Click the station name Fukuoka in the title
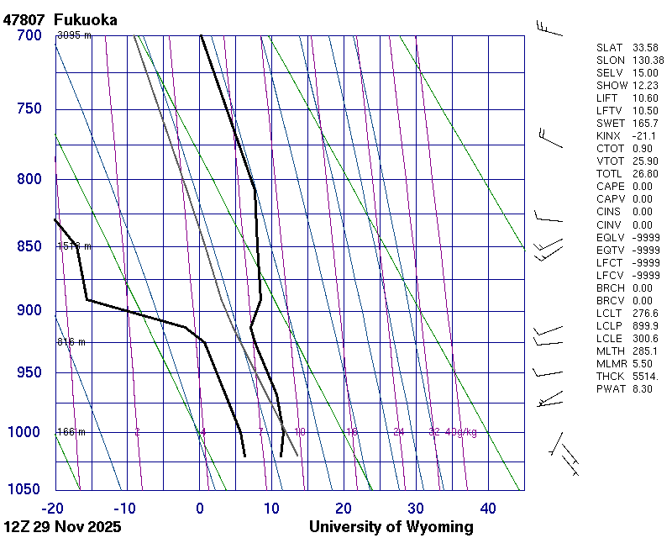coord(85,19)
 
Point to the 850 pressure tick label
coord(29,246)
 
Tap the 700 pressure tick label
coord(29,35)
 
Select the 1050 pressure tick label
coord(25,490)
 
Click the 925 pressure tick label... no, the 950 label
coord(29,372)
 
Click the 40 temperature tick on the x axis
coord(488,508)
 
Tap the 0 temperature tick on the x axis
coord(200,508)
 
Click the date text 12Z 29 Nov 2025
coord(62,527)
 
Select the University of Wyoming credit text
coord(391,527)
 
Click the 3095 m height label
coord(74,35)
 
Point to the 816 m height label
coord(71,343)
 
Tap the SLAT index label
coord(610,48)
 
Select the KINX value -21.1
coord(644,136)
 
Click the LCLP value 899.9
coord(645,326)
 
